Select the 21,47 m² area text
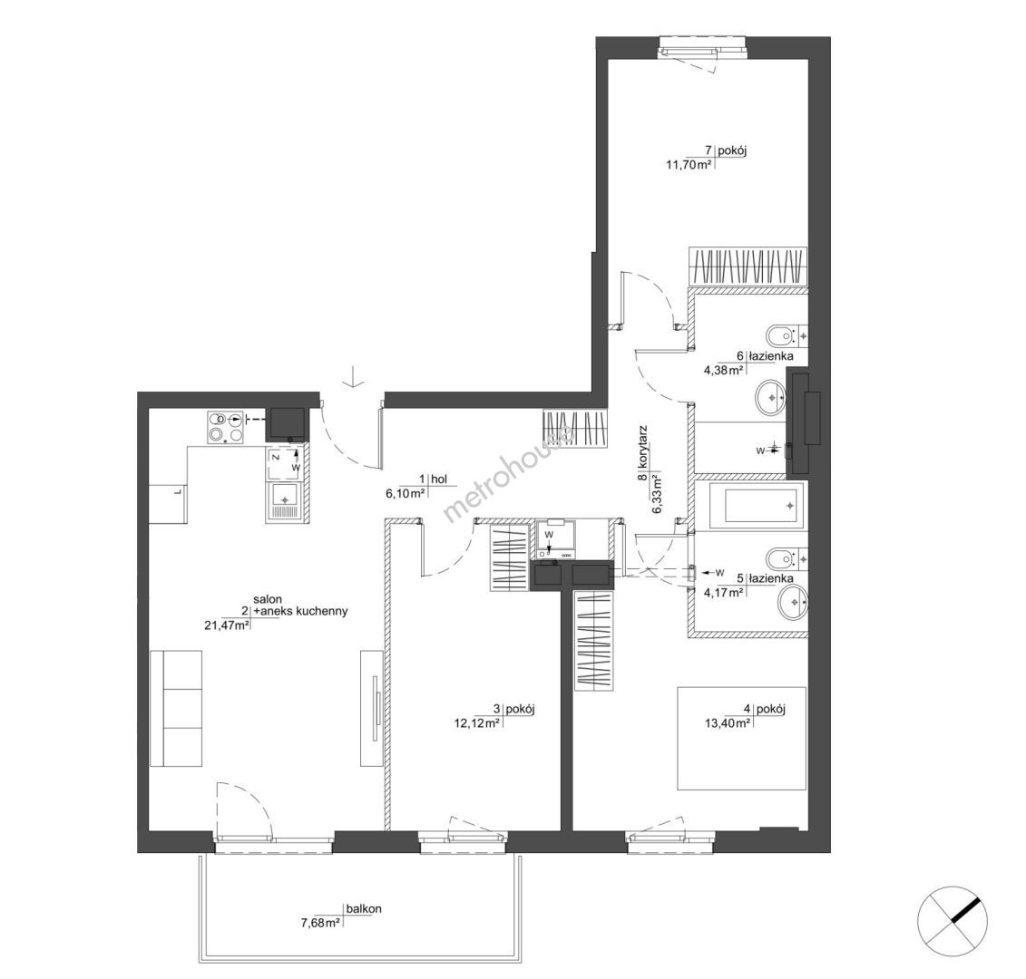(x=228, y=625)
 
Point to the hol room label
(x=439, y=480)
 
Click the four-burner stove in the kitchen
(x=224, y=427)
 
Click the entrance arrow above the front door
(x=353, y=377)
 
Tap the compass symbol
(x=952, y=920)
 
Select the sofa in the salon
(x=176, y=708)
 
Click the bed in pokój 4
(x=741, y=738)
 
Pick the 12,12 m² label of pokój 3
(x=477, y=722)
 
